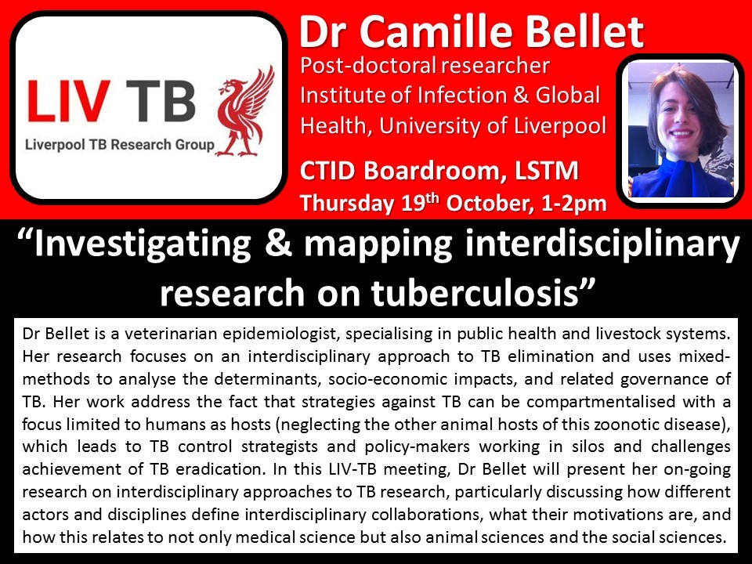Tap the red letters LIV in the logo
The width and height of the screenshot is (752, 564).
pyautogui.click(x=69, y=101)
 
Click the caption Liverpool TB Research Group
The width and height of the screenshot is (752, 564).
pyautogui.click(x=120, y=145)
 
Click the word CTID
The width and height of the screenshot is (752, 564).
pyautogui.click(x=328, y=171)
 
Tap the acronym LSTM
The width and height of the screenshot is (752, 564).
pyautogui.click(x=547, y=171)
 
